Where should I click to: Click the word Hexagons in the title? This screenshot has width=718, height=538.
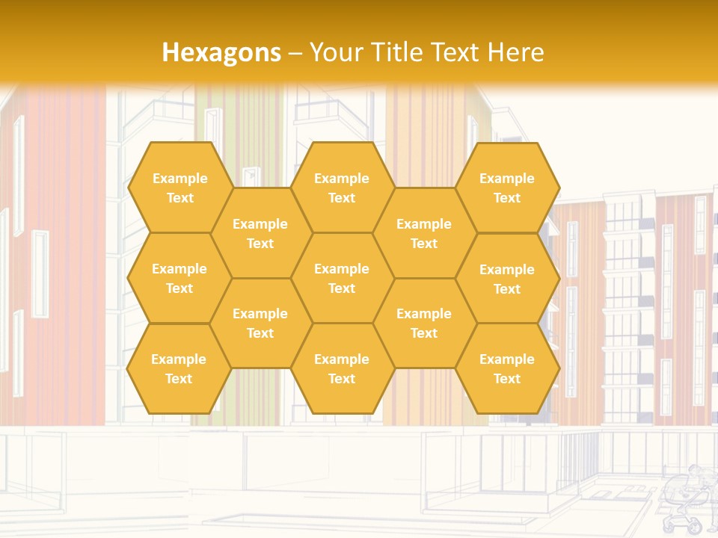(x=221, y=52)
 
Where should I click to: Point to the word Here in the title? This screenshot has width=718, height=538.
(x=515, y=52)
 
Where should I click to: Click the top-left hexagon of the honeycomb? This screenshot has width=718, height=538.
(x=179, y=188)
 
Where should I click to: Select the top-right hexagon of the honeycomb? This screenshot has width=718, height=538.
(x=507, y=188)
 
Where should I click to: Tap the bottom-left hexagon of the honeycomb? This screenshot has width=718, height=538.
(x=179, y=368)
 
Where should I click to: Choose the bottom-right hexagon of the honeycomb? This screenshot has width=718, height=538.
(x=507, y=368)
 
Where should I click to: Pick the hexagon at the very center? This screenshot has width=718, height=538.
(x=342, y=278)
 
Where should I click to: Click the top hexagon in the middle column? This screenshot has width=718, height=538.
(x=342, y=188)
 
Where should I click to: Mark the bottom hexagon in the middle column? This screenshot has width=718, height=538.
(x=342, y=368)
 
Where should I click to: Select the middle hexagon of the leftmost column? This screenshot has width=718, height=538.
(x=179, y=278)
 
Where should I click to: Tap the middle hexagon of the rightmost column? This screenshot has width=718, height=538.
(x=507, y=279)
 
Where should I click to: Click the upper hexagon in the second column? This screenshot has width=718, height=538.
(x=260, y=233)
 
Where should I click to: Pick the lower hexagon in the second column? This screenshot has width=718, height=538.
(x=260, y=323)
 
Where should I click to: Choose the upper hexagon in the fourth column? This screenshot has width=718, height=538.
(x=424, y=233)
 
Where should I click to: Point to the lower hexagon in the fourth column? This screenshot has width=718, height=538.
(x=424, y=323)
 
